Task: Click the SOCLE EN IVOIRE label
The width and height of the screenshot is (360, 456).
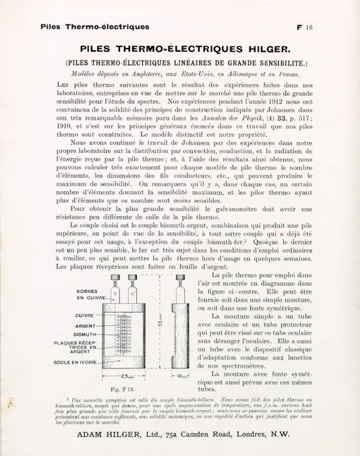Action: (76, 362)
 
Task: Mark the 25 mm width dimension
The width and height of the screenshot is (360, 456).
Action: (129, 377)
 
